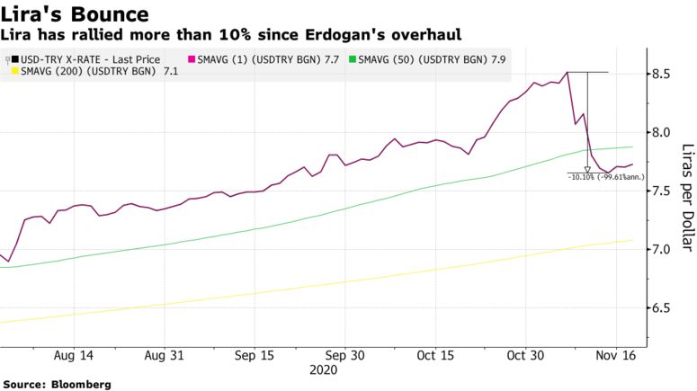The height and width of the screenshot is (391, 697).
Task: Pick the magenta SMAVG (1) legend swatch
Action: point(190,59)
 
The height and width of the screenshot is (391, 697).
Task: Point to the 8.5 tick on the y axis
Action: point(664,74)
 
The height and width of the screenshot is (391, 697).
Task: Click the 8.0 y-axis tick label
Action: point(664,132)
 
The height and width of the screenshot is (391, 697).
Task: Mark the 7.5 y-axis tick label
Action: point(664,191)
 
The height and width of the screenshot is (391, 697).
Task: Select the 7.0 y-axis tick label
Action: point(664,249)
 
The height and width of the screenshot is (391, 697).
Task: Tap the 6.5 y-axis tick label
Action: point(664,308)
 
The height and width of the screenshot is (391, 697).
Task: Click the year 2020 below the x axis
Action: point(323,369)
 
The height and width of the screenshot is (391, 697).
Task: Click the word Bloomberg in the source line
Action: point(81,384)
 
